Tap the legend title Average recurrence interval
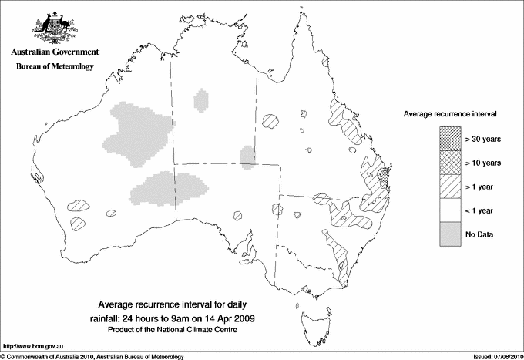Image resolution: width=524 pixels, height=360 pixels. click(x=450, y=114)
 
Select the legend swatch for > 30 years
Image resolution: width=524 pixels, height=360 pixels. click(x=450, y=139)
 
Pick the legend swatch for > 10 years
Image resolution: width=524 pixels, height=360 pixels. click(x=450, y=163)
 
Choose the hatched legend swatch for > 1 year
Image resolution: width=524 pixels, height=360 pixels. click(x=450, y=187)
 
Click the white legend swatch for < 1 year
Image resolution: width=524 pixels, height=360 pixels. click(x=450, y=210)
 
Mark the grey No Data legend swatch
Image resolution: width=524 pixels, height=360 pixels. click(x=450, y=234)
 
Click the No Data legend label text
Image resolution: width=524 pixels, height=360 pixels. click(x=479, y=234)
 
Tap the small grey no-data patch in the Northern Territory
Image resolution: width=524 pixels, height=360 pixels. click(x=202, y=101)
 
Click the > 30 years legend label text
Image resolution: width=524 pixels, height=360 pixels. click(x=483, y=139)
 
